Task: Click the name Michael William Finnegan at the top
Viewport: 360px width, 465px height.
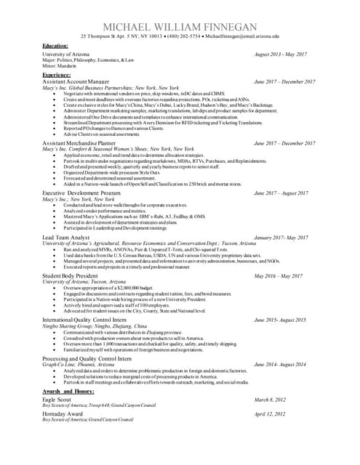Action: point(180,25)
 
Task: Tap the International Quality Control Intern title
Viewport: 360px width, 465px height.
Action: point(86,320)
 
